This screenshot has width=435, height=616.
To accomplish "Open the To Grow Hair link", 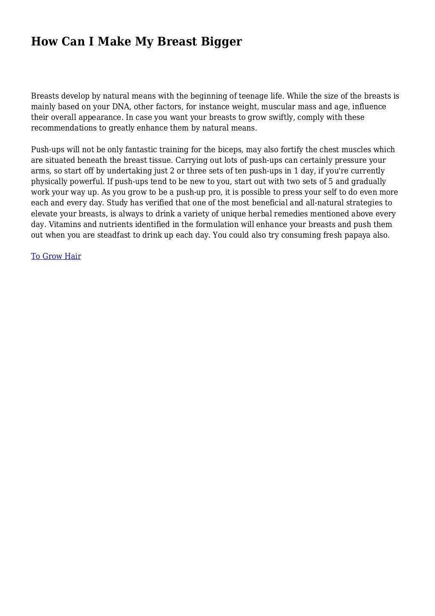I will tap(56, 256).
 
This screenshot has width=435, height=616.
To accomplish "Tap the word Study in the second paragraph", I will tap(118, 203).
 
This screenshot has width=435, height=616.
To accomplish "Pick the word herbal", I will tap(260, 214).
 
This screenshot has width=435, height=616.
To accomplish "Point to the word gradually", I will tap(368, 182).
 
